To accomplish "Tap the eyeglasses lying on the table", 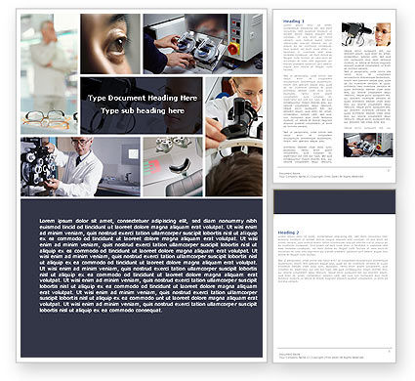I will coord(49,119).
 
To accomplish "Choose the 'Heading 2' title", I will coord(289,233).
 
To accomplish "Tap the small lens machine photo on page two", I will coord(367,146).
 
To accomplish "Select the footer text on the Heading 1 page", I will coord(293,176).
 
